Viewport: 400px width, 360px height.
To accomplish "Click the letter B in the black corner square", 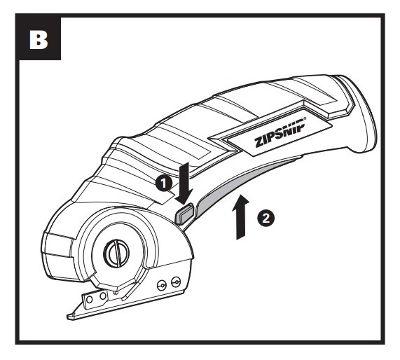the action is point(39,39).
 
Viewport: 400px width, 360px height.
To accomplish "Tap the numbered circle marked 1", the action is point(164,183).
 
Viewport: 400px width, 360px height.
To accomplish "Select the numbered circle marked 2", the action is point(265,218).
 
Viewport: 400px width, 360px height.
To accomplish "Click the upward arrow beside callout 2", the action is point(240,217).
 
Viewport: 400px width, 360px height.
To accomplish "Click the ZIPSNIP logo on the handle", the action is point(280,132).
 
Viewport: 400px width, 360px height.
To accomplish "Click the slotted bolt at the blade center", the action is point(116,254).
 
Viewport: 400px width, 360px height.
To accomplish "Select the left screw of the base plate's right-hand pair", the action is point(162,285).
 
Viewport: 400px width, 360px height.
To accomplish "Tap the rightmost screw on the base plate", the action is point(176,282).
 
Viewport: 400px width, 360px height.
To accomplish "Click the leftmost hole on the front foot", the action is point(89,299).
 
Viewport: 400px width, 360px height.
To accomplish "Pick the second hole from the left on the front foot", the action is point(103,296).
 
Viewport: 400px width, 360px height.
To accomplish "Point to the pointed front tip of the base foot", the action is point(68,317).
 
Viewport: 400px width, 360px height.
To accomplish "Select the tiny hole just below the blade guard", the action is point(116,292).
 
